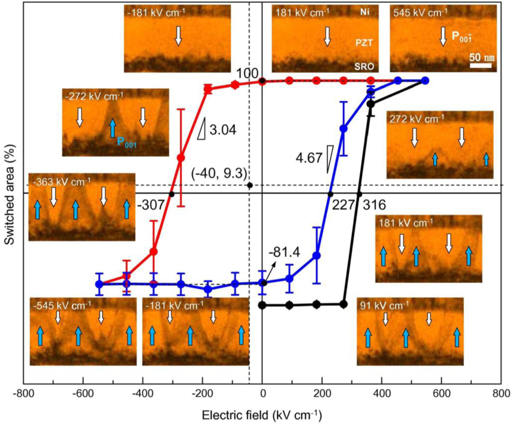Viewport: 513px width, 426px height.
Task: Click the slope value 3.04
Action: pyautogui.click(x=223, y=129)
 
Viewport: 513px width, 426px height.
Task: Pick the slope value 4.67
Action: pyautogui.click(x=309, y=158)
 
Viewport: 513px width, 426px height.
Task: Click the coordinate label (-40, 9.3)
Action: pyautogui.click(x=219, y=173)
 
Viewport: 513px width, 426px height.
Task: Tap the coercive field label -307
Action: pyautogui.click(x=151, y=205)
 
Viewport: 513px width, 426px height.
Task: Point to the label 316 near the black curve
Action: pyautogui.click(x=374, y=205)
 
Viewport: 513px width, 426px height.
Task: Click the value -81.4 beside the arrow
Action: pyautogui.click(x=284, y=252)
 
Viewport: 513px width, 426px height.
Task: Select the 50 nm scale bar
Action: pyautogui.click(x=480, y=65)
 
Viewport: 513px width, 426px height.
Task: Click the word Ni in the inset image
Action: pyautogui.click(x=365, y=12)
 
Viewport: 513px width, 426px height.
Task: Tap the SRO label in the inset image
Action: pyautogui.click(x=364, y=66)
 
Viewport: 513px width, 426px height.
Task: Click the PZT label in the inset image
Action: pyautogui.click(x=364, y=43)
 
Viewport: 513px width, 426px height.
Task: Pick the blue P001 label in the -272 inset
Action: pyautogui.click(x=127, y=142)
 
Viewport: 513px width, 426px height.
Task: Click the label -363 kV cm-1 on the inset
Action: pyautogui.click(x=61, y=182)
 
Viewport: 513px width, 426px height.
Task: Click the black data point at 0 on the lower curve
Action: pyautogui.click(x=262, y=305)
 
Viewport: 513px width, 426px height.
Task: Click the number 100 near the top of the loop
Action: pyautogui.click(x=247, y=74)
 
